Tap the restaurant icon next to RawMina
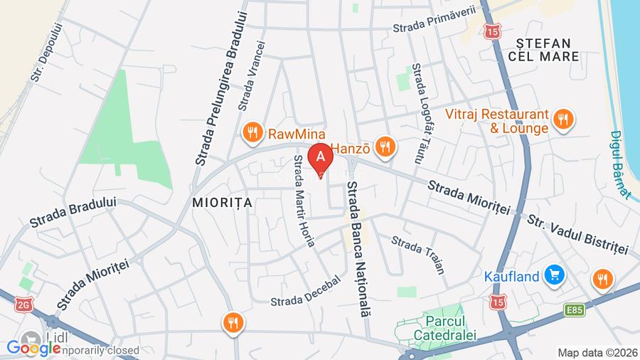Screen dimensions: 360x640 pos(251,132)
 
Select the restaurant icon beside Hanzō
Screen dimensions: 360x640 pos(385,147)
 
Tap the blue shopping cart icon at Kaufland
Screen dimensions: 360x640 pos(553,274)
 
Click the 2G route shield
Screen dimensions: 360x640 pos(23,305)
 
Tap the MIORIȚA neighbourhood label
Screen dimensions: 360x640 pos(223,202)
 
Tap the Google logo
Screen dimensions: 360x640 pos(33,349)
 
